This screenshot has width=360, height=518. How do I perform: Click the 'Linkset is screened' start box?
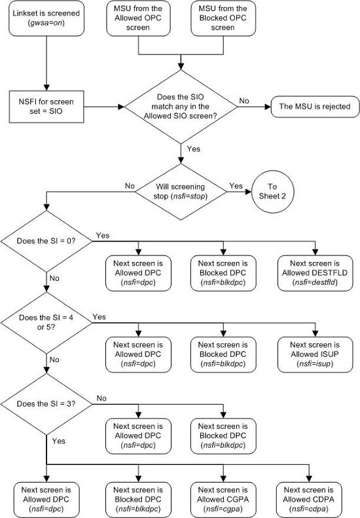click(x=45, y=19)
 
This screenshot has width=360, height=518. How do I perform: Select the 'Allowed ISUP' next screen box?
click(x=316, y=352)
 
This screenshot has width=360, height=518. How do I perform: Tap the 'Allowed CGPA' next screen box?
click(x=224, y=499)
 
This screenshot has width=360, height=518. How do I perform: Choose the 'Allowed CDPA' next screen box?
click(x=308, y=499)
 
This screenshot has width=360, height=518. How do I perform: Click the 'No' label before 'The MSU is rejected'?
click(x=243, y=100)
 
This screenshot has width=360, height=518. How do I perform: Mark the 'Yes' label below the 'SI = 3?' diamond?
click(x=58, y=441)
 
